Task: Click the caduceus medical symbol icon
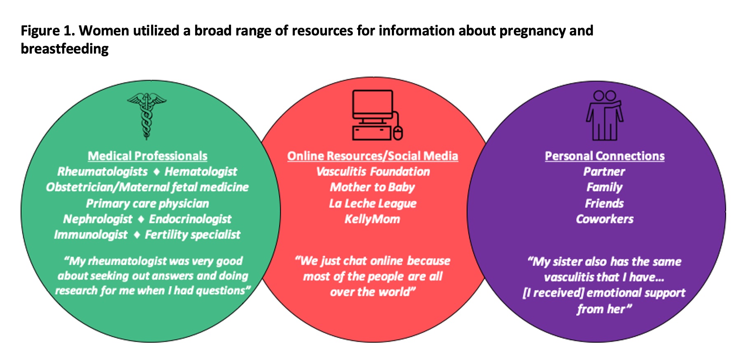[147, 116]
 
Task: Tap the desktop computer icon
[376, 115]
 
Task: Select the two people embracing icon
[604, 116]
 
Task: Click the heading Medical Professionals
[147, 156]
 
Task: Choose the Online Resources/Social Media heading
[373, 156]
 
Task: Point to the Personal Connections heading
[605, 156]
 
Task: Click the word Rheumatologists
[102, 172]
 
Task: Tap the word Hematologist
[201, 172]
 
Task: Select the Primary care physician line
[147, 203]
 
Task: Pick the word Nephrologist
[98, 219]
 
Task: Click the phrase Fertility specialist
[193, 235]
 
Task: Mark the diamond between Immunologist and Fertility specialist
[137, 235]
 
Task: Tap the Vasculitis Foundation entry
[373, 172]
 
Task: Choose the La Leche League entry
[373, 203]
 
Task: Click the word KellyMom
[372, 219]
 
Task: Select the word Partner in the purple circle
[604, 172]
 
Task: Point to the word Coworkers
[605, 219]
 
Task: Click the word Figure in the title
[40, 31]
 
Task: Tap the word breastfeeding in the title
[65, 49]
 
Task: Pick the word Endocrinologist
[190, 219]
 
